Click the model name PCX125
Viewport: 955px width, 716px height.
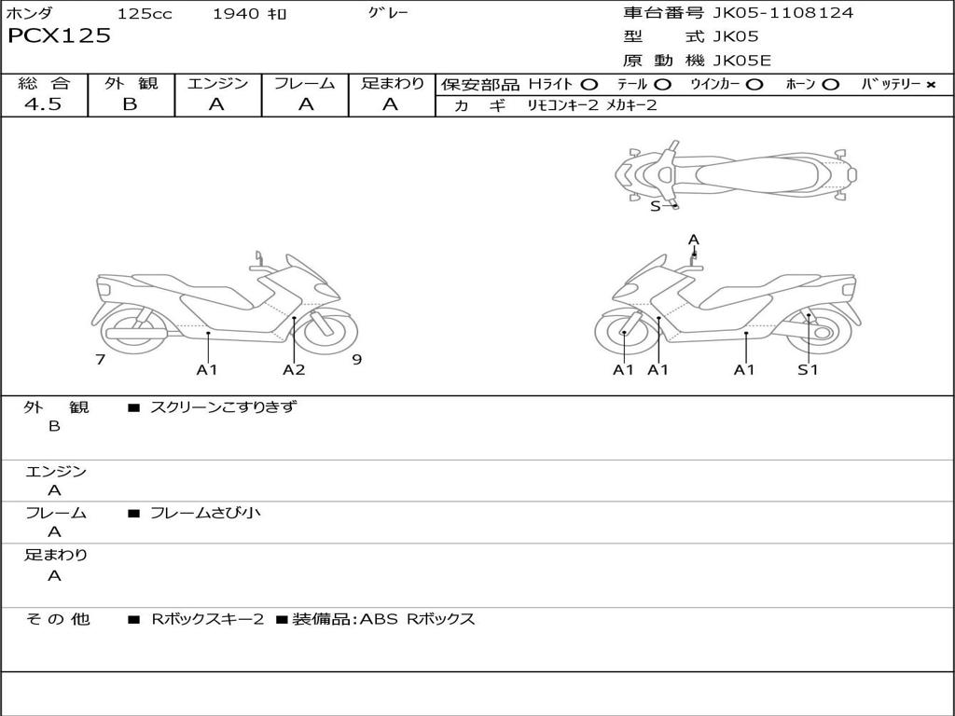point(59,36)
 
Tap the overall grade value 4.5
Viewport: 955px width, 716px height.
point(43,104)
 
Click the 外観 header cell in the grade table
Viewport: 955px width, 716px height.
point(131,84)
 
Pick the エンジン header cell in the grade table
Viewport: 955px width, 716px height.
point(217,84)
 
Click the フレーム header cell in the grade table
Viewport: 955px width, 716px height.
point(305,84)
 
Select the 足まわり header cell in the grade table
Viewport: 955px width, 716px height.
point(392,84)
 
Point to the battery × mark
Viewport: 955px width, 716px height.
point(930,85)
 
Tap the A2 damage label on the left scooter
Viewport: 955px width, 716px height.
point(294,370)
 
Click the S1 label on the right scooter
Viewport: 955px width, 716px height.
point(808,370)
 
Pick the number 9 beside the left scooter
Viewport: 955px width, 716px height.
point(356,360)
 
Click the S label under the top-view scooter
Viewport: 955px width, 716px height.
point(655,207)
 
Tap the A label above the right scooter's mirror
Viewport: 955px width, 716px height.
point(693,240)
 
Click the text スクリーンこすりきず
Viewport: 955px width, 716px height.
point(223,406)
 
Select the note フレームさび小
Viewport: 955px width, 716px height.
point(205,513)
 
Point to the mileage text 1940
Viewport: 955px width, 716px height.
point(237,14)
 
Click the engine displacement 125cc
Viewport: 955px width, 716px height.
point(145,14)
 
